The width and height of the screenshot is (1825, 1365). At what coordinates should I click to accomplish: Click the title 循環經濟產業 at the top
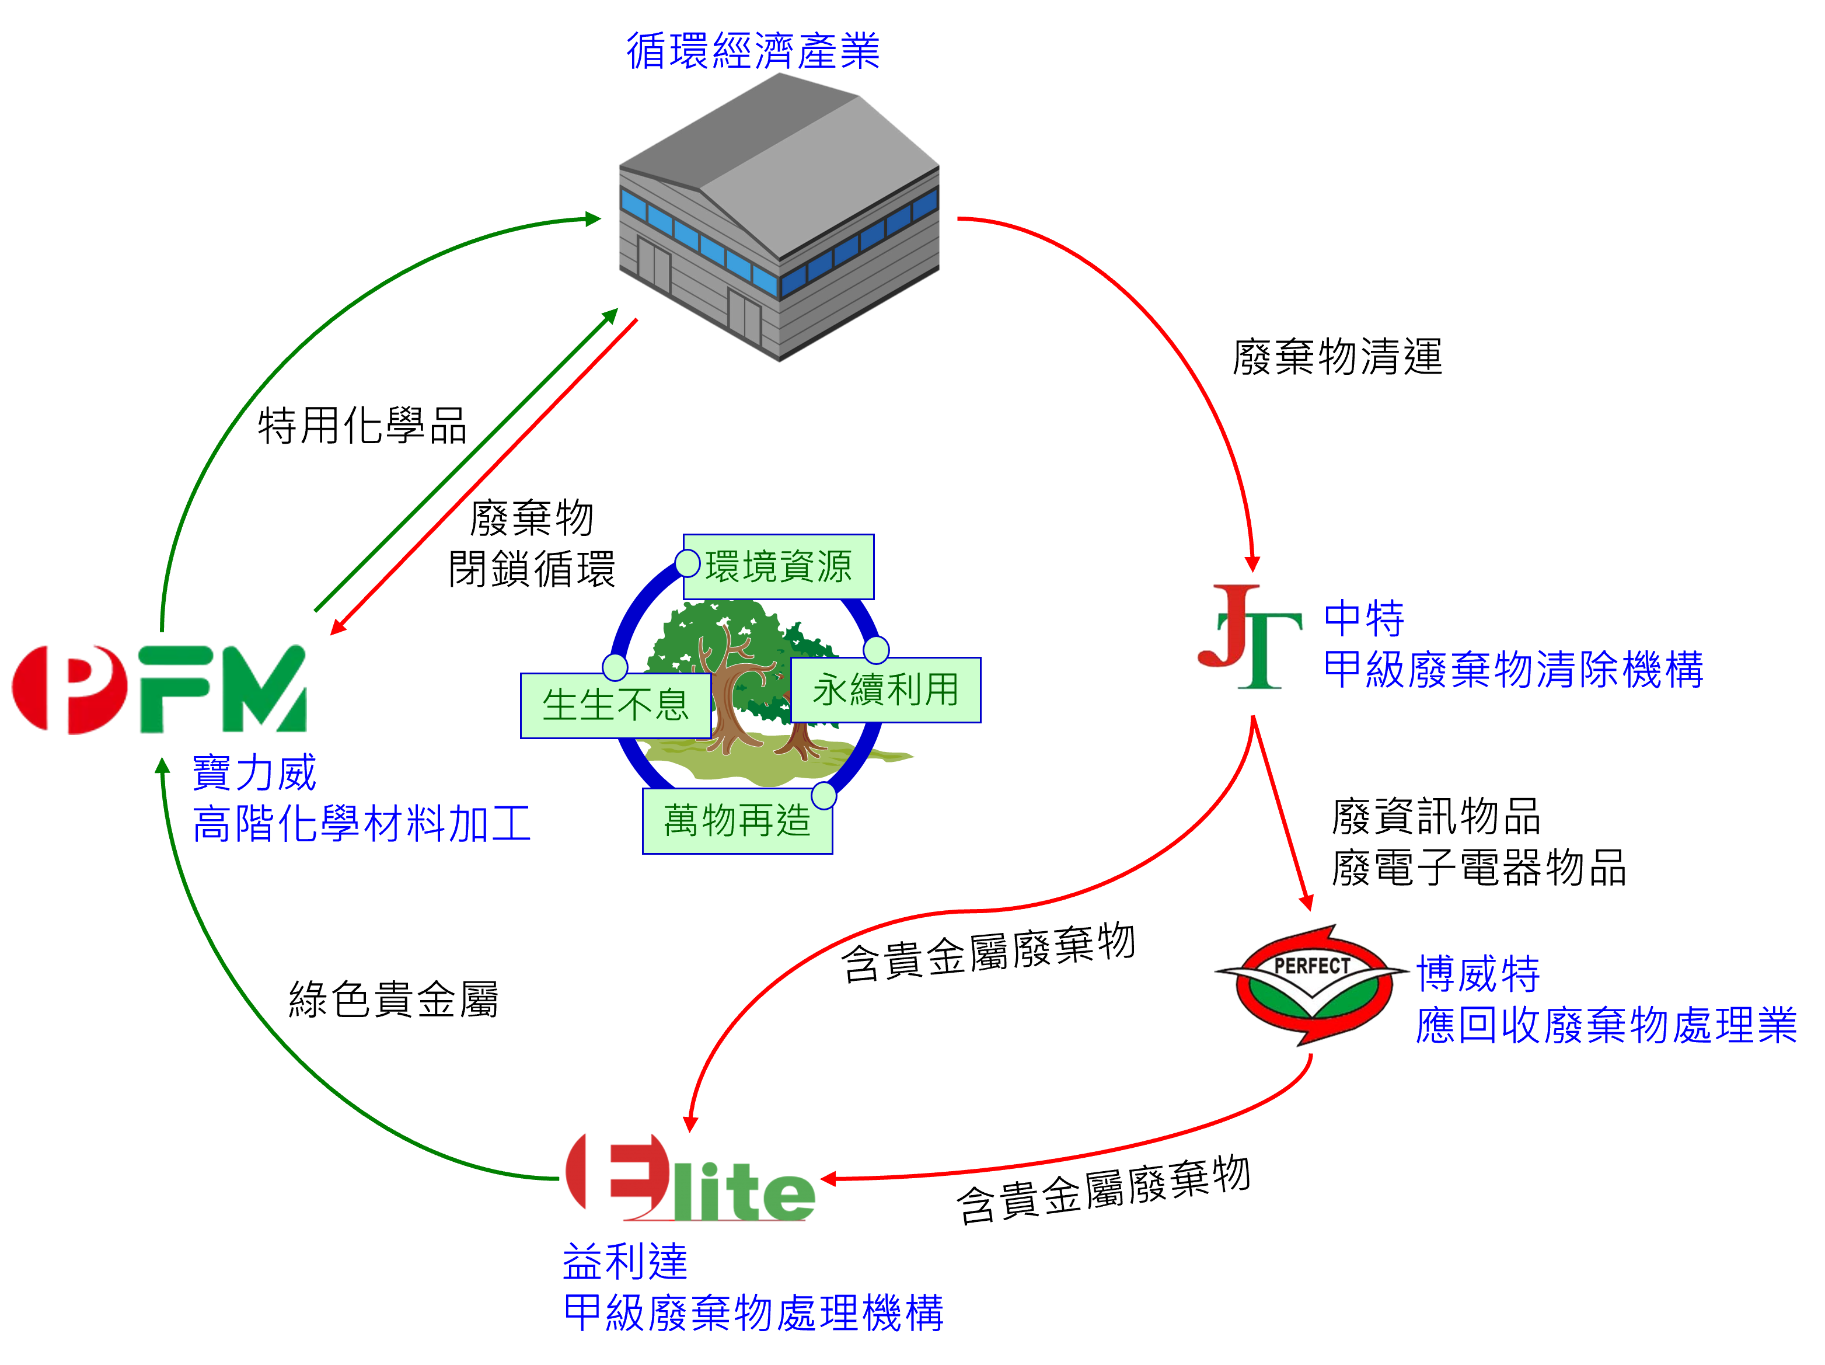pos(752,51)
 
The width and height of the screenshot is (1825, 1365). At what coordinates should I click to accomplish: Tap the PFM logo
pos(159,689)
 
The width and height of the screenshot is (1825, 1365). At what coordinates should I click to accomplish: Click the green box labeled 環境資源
pos(778,567)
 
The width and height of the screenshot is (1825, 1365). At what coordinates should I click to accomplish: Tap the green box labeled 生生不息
pos(616,706)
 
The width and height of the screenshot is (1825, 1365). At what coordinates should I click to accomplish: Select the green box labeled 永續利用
pos(885,690)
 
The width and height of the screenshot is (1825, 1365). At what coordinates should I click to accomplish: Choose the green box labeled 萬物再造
pos(737,821)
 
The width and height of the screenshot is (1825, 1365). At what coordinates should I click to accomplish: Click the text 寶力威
pos(254,773)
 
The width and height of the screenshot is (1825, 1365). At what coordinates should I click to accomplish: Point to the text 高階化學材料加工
pos(361,824)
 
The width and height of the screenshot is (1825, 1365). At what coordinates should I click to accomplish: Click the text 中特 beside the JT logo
pos(1364,618)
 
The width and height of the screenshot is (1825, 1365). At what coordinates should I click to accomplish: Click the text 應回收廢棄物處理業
pos(1606,1026)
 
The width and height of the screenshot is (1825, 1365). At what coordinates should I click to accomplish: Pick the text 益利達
pos(624,1262)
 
